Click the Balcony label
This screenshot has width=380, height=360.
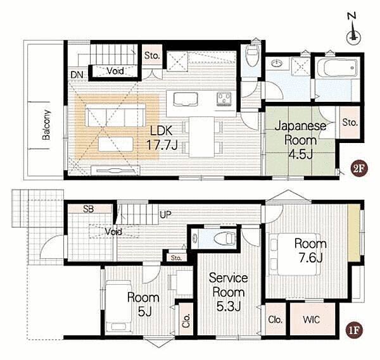pos(46,125)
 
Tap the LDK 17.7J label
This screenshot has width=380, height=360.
pos(161,138)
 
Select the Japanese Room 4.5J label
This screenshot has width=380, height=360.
pos(300,140)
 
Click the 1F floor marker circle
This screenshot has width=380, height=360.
pos(353,330)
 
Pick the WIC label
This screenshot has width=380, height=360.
pos(312,320)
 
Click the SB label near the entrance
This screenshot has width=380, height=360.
pos(88,209)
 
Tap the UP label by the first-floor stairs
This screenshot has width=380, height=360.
pos(165,214)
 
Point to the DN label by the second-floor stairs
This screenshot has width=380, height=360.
pos(77,75)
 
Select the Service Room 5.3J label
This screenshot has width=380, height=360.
pos(228,292)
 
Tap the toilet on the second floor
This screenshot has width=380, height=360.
pos(252,55)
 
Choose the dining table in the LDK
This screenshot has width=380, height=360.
pos(201,137)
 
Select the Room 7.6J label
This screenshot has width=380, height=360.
pos(310,251)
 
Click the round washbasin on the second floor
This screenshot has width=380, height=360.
pos(277,64)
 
